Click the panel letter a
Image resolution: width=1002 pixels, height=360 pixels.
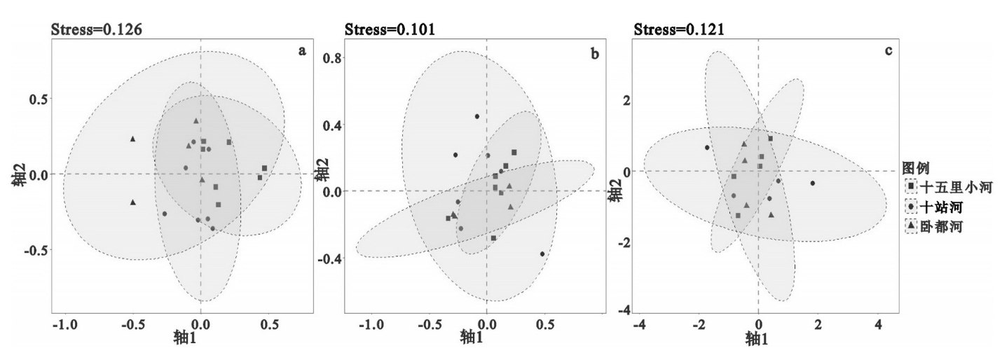(302, 51)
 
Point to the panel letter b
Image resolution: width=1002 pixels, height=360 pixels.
(595, 53)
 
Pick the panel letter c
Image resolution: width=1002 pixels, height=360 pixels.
(888, 51)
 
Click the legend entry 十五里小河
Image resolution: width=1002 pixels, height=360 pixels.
(953, 187)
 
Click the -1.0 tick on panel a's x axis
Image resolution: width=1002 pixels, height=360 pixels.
(64, 326)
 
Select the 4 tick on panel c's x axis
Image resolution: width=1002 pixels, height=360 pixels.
(878, 326)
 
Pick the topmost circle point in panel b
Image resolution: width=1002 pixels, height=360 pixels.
(476, 116)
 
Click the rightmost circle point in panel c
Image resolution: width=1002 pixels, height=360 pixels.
(813, 184)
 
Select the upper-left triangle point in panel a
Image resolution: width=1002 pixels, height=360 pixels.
(132, 139)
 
